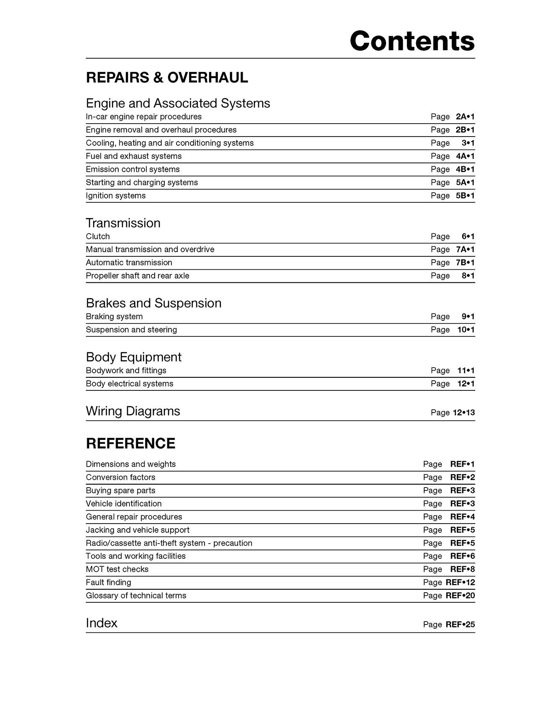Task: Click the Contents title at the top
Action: [x=412, y=41]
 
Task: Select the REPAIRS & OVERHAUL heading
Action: [x=167, y=77]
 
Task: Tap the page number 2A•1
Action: [x=465, y=117]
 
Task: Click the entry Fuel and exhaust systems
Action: [x=134, y=156]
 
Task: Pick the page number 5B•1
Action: [x=465, y=196]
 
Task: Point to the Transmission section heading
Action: [x=123, y=223]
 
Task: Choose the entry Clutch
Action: [x=98, y=236]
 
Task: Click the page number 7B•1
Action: [x=465, y=263]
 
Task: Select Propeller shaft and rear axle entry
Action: [x=137, y=276]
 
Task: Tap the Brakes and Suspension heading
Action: [x=153, y=303]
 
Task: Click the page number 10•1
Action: [x=466, y=330]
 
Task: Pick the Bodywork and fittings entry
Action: [x=126, y=370]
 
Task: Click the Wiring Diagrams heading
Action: [x=133, y=411]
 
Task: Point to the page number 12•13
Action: [x=464, y=413]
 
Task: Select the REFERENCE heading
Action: [x=130, y=444]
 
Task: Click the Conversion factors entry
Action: [x=120, y=477]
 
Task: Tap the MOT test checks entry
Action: [x=117, y=569]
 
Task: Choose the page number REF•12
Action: [x=460, y=582]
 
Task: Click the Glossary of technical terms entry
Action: [x=136, y=596]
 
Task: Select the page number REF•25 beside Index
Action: [x=460, y=625]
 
